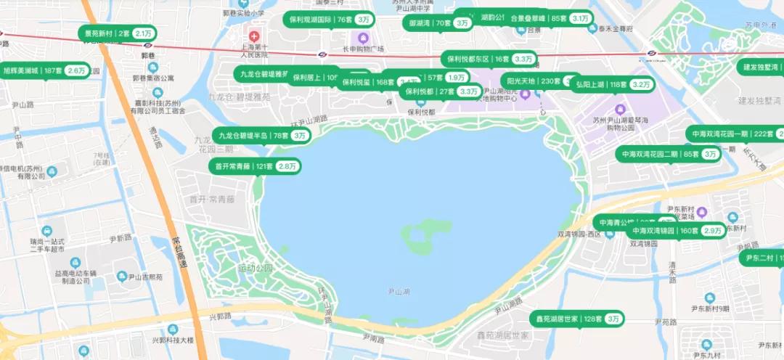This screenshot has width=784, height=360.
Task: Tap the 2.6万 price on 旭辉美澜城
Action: [x=76, y=71]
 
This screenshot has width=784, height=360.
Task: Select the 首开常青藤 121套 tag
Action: [x=255, y=166]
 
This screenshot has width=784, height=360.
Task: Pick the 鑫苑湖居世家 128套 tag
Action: [x=578, y=319]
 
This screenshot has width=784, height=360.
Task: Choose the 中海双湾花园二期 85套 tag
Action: [x=668, y=154]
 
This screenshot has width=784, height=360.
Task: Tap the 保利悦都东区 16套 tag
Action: [x=489, y=59]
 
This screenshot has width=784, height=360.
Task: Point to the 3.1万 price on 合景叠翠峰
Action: [x=581, y=18]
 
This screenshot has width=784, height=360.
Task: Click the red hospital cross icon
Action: [x=254, y=36]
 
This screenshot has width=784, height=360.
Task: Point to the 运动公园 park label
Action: [x=255, y=269]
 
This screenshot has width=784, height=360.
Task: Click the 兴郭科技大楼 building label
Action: [x=172, y=340]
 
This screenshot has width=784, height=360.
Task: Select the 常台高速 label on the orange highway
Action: [x=176, y=250]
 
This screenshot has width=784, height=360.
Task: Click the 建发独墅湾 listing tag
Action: [x=759, y=67]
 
